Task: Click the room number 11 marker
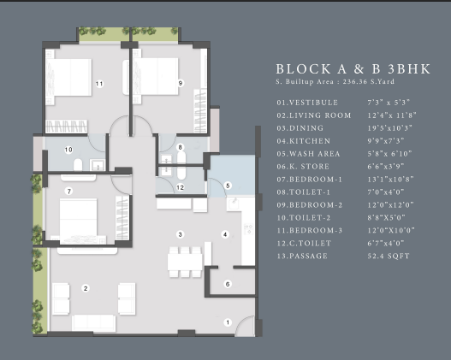pos(99,84)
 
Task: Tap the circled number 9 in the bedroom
pos(181,83)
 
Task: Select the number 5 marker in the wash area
pos(228,186)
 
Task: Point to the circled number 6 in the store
pos(228,284)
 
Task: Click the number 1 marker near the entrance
pos(228,322)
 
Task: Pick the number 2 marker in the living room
pos(86,288)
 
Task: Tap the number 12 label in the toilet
pos(180,187)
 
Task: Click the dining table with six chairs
pos(185,262)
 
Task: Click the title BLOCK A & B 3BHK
pos(353,69)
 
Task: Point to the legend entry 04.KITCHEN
pos(304,141)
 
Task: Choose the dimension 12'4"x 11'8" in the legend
pos(392,115)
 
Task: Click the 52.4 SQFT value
pos(389,256)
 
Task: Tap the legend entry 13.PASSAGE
pos(302,256)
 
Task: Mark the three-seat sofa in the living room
pos(94,322)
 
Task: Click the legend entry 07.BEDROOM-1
pos(310,180)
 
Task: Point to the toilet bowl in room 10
pos(78,165)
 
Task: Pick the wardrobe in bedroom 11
pos(67,127)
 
